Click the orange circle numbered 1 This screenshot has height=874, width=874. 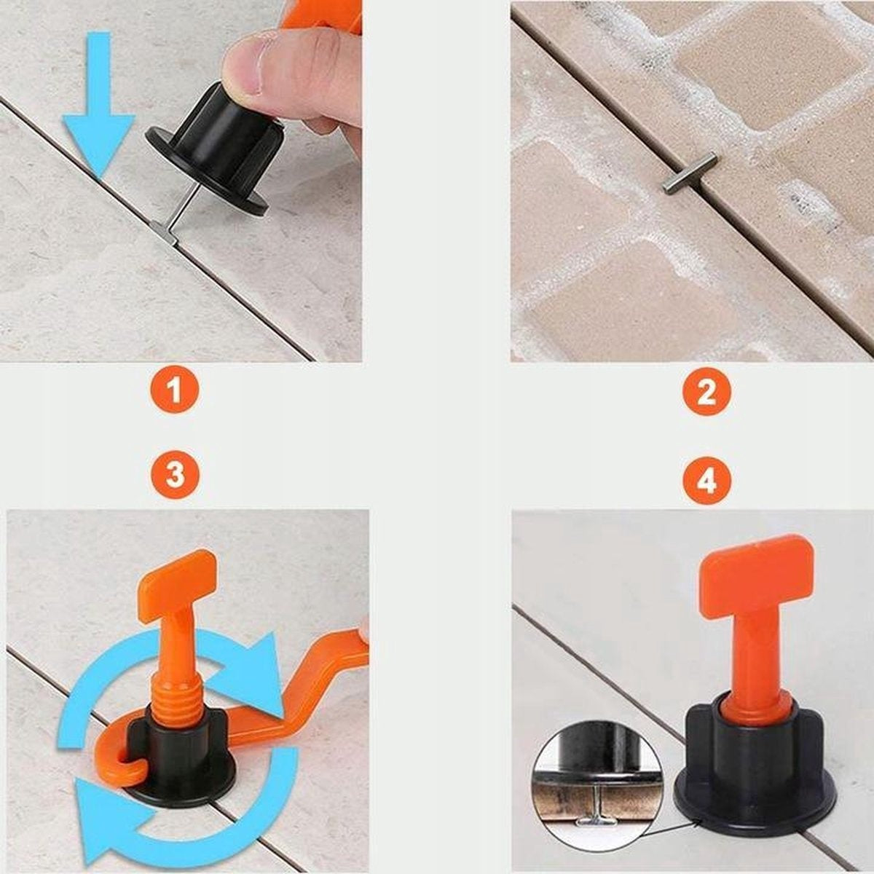(175, 390)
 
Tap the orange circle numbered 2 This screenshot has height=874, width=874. (706, 391)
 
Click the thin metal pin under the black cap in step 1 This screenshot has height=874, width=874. (184, 205)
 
